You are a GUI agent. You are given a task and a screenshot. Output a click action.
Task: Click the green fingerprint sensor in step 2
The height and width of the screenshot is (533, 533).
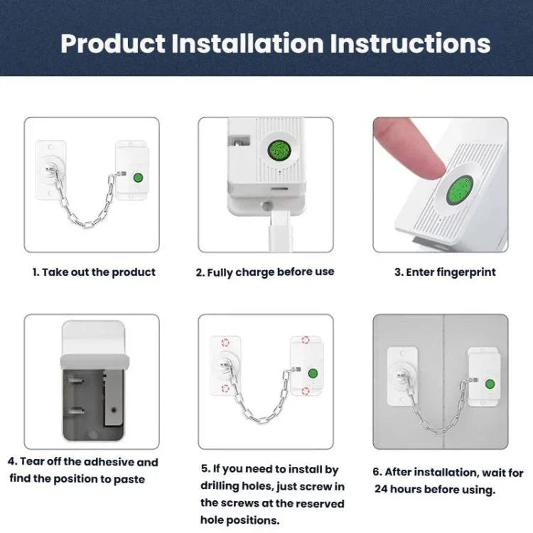point(279,150)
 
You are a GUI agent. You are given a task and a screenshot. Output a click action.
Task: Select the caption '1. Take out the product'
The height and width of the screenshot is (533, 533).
point(93,272)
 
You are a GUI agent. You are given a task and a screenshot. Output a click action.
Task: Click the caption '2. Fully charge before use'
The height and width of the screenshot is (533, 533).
point(265,272)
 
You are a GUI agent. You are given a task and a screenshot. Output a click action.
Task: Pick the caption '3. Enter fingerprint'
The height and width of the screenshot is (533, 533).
point(445,272)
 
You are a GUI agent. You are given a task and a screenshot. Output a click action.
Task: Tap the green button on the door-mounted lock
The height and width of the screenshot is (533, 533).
point(490,384)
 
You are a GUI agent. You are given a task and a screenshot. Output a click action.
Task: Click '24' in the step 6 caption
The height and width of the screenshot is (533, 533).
point(382,490)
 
